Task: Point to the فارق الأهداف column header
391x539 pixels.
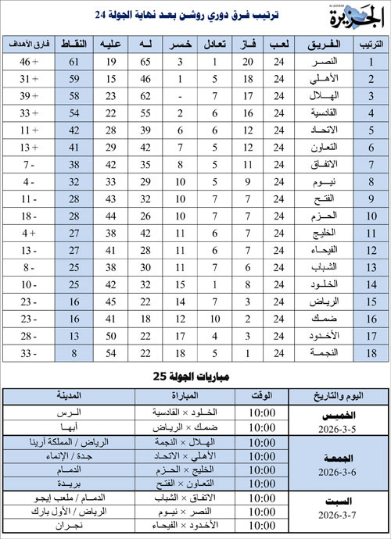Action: tap(33, 44)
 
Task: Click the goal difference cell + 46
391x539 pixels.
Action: tap(33, 61)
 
